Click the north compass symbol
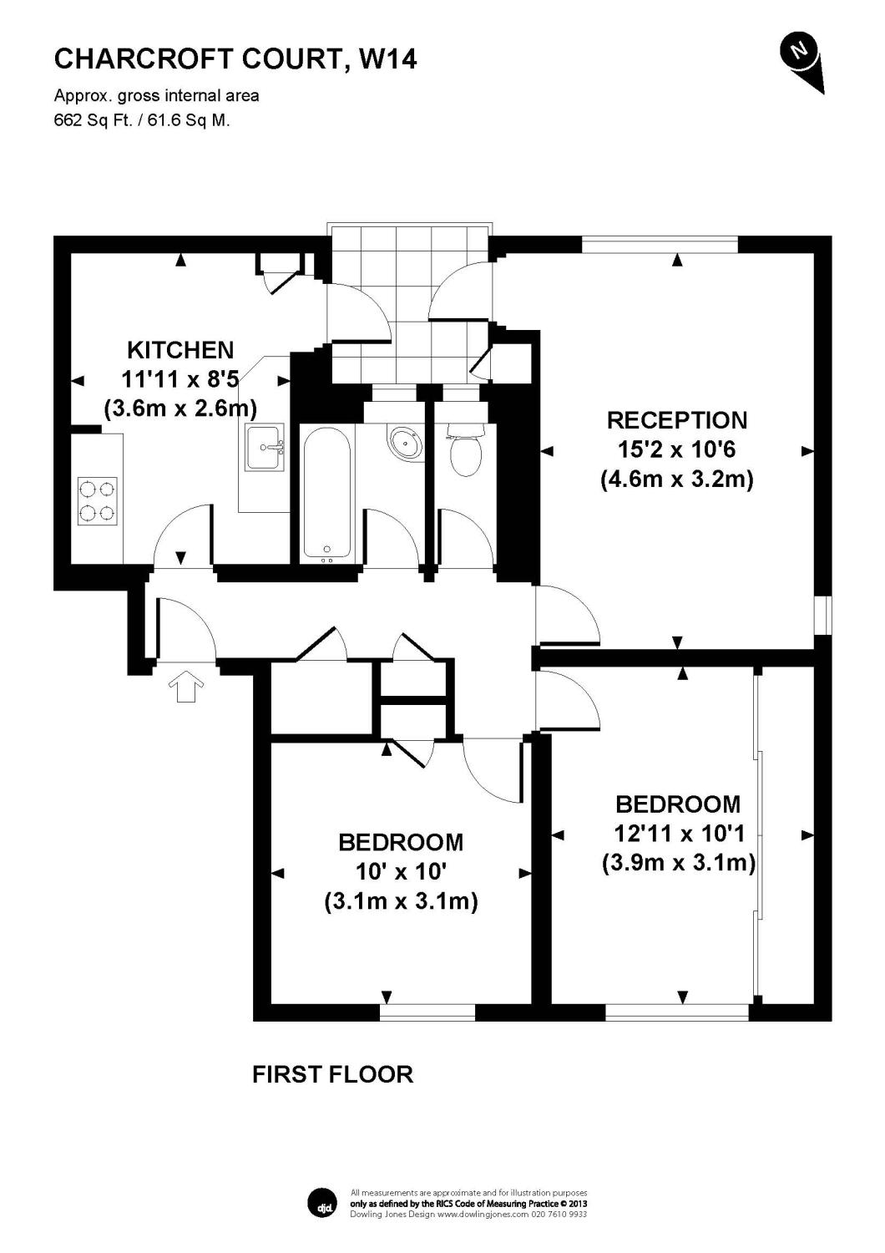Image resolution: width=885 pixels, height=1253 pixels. coord(801,56)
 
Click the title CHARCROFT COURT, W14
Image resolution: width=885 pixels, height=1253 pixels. coord(235,58)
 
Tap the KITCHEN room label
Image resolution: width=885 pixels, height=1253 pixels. coord(180,349)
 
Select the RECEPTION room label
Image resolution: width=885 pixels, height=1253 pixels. coord(676,419)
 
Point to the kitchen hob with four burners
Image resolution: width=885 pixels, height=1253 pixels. coord(98,501)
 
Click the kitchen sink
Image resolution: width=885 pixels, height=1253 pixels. coord(265,447)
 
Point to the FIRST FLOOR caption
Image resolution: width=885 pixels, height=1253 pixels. coord(332,1074)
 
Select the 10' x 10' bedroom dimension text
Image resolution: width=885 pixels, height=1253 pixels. coord(401,872)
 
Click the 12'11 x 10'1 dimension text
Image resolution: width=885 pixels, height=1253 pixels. coord(678,833)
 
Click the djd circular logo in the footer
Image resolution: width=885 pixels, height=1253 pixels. coord(322,1202)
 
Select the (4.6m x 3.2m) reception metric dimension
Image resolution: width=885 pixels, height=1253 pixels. coord(676,479)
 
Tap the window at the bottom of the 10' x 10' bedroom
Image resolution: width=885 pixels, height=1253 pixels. coord(427,1012)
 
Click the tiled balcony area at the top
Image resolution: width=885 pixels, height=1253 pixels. coord(409,301)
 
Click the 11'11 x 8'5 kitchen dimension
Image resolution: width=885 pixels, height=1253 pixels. coord(180,379)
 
